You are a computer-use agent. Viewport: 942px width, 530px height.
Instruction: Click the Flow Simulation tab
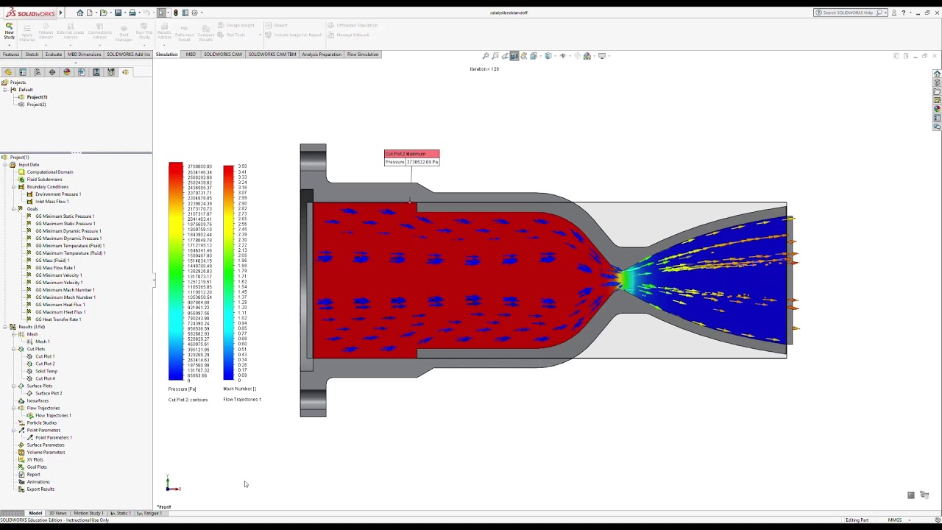pyautogui.click(x=362, y=54)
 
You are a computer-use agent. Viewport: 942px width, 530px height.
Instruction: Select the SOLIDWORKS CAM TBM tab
pyautogui.click(x=272, y=54)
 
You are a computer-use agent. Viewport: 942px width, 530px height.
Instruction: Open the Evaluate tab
pyautogui.click(x=54, y=54)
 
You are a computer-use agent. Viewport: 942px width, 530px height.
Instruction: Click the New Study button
pyautogui.click(x=9, y=29)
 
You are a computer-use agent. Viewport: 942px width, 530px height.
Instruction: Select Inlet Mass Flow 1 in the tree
pyautogui.click(x=52, y=202)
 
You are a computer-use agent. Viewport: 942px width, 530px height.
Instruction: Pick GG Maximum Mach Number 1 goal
pyautogui.click(x=65, y=297)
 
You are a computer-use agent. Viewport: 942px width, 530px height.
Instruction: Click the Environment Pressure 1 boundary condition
pyautogui.click(x=58, y=194)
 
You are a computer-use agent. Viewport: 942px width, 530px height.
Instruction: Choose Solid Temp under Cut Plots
pyautogui.click(x=46, y=371)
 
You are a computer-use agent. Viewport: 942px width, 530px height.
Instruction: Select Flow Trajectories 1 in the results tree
pyautogui.click(x=53, y=415)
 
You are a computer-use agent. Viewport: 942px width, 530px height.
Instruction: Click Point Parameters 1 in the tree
pyautogui.click(x=53, y=437)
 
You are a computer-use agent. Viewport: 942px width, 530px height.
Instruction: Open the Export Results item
pyautogui.click(x=40, y=489)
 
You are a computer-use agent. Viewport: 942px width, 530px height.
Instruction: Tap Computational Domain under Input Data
pyautogui.click(x=50, y=172)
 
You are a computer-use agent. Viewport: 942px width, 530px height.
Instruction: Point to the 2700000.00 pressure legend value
pyautogui.click(x=199, y=166)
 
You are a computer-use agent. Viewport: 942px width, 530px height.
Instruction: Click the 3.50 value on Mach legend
pyautogui.click(x=243, y=166)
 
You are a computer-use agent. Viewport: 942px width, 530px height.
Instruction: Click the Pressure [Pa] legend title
pyautogui.click(x=182, y=389)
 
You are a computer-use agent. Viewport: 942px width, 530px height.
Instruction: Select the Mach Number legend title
pyautogui.click(x=239, y=389)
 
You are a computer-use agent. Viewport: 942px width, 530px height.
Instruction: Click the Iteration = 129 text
pyautogui.click(x=484, y=69)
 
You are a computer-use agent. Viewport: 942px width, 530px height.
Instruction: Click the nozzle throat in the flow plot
pyautogui.click(x=623, y=280)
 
